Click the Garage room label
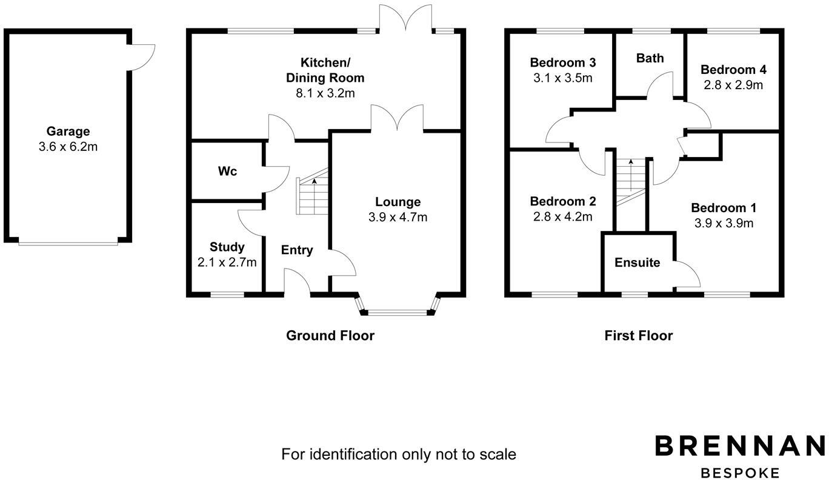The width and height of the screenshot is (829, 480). point(68,132)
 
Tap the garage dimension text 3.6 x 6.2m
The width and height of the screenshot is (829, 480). point(68,147)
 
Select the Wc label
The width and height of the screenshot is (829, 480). point(227,172)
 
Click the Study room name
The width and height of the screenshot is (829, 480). point(227,247)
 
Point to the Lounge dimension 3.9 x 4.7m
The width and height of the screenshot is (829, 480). point(398,217)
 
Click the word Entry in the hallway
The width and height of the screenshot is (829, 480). point(297,250)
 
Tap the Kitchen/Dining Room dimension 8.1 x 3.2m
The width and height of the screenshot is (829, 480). point(325,93)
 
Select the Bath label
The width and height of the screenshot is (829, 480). point(650,58)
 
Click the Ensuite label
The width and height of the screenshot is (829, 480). point(638,262)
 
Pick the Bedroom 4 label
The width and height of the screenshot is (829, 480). point(733,70)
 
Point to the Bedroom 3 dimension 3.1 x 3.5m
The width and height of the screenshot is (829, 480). point(563,78)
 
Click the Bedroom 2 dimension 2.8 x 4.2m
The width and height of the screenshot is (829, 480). point(563,217)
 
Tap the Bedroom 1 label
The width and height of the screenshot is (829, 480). point(724,208)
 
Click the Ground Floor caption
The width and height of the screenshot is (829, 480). point(330,336)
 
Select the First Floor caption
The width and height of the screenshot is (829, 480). point(639,336)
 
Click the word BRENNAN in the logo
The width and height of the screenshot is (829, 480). point(740,446)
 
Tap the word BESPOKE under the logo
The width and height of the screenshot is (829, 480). point(740,473)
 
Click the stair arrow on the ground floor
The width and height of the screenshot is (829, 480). point(315,196)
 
